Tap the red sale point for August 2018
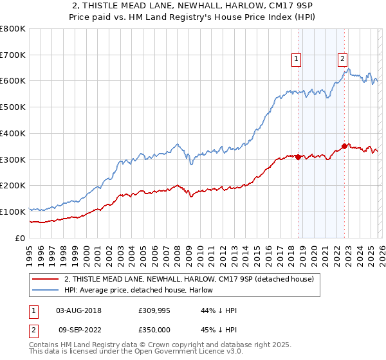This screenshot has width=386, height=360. point(298,157)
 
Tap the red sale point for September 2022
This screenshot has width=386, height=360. point(345,146)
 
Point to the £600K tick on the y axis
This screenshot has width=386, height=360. point(14,81)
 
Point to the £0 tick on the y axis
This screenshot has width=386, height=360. point(21,238)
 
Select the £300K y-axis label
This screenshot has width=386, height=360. point(14,159)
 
